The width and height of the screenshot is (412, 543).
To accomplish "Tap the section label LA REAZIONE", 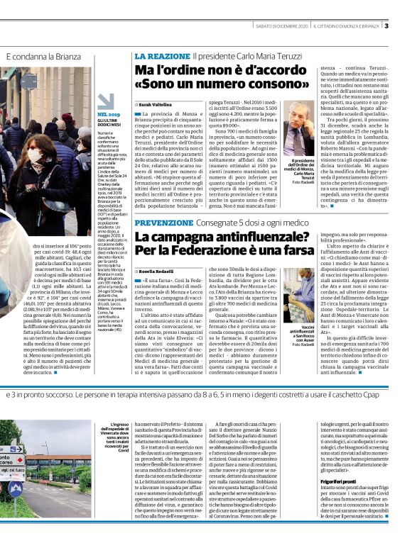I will (161, 55).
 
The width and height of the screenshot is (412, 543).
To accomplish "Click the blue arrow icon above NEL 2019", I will (106, 100).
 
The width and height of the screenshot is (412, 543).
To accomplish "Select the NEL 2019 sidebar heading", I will (109, 113).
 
